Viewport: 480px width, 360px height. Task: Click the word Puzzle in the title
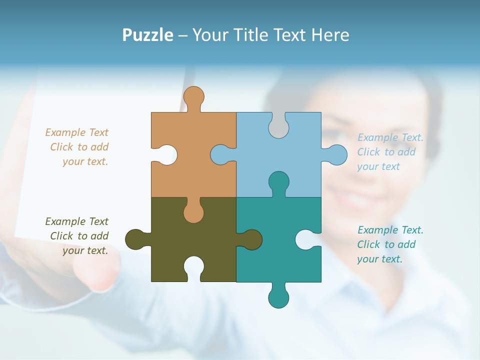[147, 35]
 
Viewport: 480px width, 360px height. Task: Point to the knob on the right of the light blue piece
[335, 155]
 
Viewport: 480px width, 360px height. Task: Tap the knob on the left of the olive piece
[135, 239]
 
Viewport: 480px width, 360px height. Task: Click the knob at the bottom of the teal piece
[278, 297]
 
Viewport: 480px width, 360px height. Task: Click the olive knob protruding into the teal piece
[251, 239]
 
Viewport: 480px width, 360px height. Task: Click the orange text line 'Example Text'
[76, 132]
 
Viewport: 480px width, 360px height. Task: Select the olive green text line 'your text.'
[85, 250]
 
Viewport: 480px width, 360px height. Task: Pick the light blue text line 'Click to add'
[386, 152]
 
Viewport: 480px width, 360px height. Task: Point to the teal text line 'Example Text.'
[390, 230]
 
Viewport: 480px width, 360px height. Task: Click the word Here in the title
[330, 35]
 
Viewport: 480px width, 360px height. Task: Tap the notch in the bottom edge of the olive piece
[193, 267]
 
